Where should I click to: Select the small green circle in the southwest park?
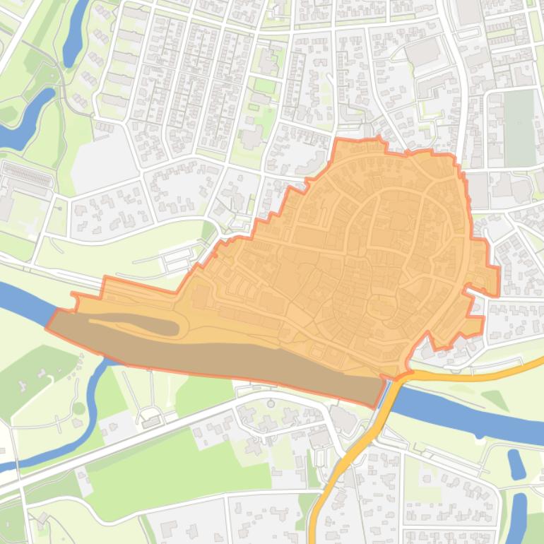tap(78, 408)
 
